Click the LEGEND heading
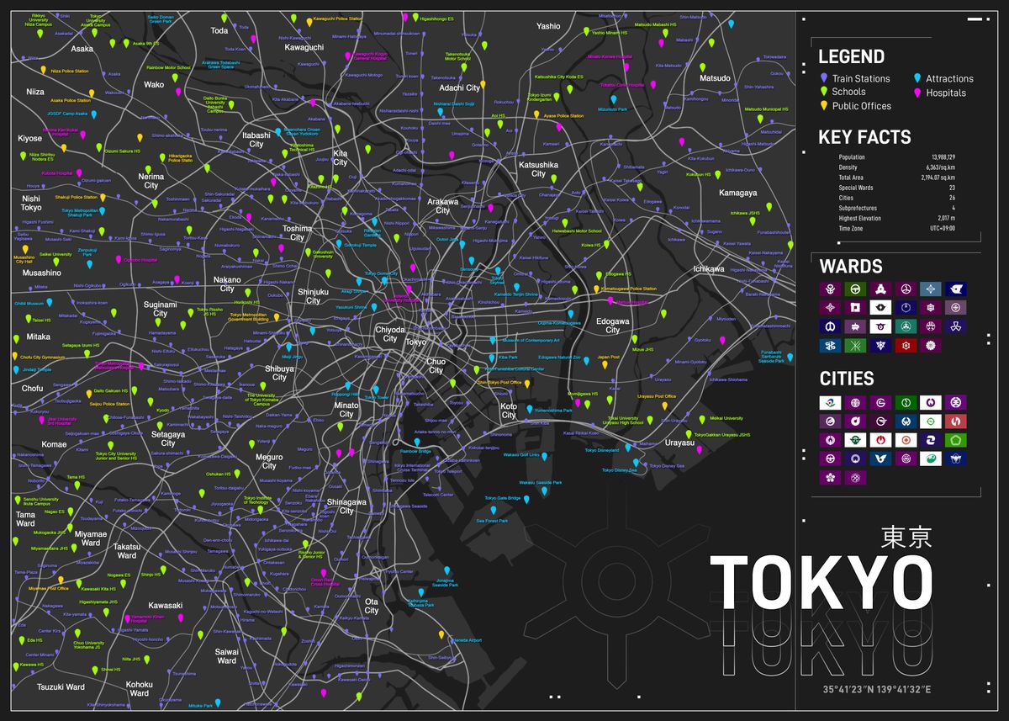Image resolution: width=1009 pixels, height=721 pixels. (851, 56)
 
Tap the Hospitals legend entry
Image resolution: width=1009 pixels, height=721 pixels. (946, 93)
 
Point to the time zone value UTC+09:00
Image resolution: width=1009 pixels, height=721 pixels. (943, 228)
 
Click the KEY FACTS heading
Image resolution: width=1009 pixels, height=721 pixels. (864, 137)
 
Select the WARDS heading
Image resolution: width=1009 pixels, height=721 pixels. (850, 267)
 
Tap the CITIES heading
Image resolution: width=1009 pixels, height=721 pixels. (847, 379)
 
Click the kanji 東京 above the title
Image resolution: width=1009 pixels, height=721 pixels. (906, 538)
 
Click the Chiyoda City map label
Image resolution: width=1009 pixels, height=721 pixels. (391, 333)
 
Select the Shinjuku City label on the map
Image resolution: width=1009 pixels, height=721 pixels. (313, 296)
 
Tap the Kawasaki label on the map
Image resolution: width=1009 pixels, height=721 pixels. (166, 606)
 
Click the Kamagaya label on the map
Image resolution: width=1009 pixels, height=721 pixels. (738, 193)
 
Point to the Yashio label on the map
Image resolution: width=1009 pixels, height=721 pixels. (548, 26)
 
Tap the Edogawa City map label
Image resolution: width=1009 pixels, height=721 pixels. (613, 326)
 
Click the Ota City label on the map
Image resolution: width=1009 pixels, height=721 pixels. (371, 606)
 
